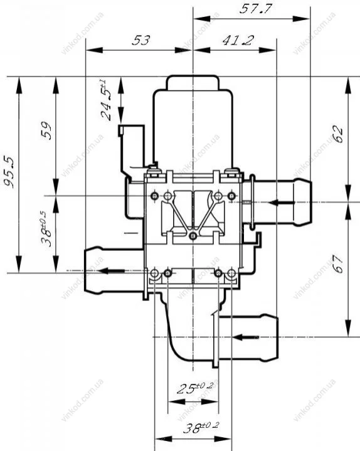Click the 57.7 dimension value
255,9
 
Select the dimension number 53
141,40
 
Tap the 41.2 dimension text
238,41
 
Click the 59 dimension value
46,131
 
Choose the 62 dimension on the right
338,134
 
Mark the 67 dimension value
338,263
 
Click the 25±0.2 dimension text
194,388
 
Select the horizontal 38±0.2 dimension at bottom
201,428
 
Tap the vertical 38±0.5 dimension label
46,229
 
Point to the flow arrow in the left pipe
111,270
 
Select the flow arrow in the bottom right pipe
246,337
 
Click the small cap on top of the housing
193,82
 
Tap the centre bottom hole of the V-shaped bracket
193,236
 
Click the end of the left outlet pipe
86,270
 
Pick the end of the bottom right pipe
277,337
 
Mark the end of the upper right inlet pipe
309,202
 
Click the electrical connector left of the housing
132,149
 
